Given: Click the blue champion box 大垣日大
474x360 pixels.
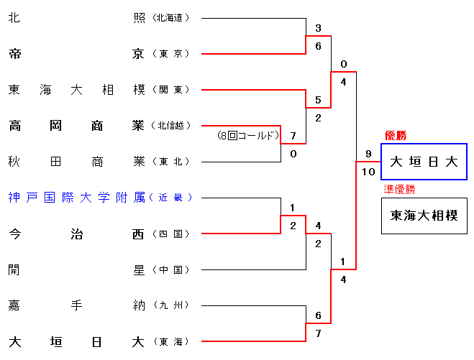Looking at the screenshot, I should click(424, 162).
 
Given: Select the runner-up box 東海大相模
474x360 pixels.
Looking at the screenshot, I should click(424, 216).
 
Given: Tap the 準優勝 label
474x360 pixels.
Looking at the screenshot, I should click(400, 190).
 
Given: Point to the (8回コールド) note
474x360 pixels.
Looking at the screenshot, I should click(247, 135).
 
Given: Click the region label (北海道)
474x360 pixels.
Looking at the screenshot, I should click(171, 18).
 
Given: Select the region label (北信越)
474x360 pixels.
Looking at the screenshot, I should click(171, 126).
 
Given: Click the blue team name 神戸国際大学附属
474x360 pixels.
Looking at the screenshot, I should click(76, 197).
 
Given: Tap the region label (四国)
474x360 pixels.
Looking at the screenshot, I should click(171, 234).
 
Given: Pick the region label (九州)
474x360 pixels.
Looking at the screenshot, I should click(171, 305).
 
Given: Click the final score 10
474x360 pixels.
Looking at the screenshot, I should click(368, 172).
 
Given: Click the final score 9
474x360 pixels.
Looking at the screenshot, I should click(368, 154).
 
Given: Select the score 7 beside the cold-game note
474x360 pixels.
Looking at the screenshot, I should click(293, 136).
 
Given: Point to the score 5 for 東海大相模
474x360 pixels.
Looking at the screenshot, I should click(318, 100).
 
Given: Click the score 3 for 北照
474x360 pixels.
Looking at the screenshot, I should click(318, 29).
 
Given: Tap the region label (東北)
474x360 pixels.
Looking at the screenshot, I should click(171, 162).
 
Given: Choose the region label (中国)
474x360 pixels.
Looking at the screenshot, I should click(171, 269).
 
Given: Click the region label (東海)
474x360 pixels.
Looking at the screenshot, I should click(171, 341).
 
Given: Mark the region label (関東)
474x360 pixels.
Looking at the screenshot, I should click(171, 90).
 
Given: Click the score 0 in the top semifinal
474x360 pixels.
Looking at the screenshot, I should click(344, 64).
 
